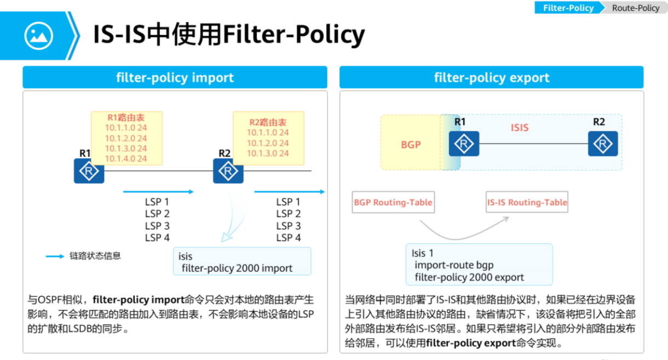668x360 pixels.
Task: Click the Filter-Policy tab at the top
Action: [568, 8]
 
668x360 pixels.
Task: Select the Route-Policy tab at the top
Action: [635, 8]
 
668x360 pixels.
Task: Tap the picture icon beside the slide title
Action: [38, 36]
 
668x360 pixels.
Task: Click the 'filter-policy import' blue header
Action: [175, 77]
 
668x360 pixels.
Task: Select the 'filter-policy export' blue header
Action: [491, 77]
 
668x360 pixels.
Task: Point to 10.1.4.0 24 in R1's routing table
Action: [126, 159]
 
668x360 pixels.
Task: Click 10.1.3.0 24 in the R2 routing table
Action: [268, 153]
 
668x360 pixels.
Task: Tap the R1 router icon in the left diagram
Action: [89, 171]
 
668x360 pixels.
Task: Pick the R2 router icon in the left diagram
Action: [228, 171]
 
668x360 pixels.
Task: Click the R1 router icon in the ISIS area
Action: [464, 144]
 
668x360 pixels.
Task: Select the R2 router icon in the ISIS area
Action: [603, 144]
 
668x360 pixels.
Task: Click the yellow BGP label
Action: [411, 145]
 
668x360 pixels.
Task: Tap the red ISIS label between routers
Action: [520, 128]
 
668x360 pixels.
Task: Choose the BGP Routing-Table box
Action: [393, 202]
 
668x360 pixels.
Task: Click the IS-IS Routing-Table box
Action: [527, 202]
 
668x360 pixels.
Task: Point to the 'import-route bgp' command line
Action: [446, 265]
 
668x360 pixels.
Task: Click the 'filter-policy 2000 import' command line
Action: [237, 268]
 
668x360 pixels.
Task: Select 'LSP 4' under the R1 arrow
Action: [157, 238]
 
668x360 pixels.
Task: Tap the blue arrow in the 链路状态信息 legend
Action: [54, 256]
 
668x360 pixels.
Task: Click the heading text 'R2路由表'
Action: [268, 122]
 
